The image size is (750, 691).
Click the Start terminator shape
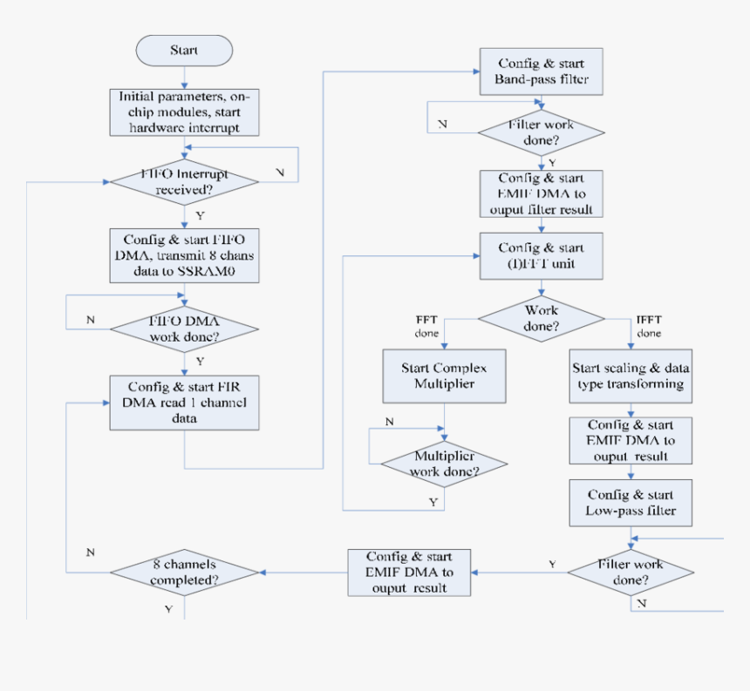click(184, 51)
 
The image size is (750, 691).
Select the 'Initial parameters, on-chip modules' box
click(185, 112)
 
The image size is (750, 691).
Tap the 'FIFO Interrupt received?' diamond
click(184, 181)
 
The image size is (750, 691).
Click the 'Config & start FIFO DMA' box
click(185, 255)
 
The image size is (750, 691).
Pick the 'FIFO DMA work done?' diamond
click(184, 329)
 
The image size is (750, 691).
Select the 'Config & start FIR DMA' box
click(184, 402)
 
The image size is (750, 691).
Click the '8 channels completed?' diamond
click(184, 572)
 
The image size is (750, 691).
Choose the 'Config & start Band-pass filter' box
click(542, 71)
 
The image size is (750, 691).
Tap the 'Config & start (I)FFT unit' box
click(542, 255)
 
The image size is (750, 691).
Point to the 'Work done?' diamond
click(542, 318)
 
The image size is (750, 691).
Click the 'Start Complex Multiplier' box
click(445, 376)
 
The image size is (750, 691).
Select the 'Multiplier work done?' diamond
click(445, 464)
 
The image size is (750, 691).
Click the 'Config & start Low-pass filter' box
click(630, 502)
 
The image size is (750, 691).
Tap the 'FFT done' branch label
click(426, 327)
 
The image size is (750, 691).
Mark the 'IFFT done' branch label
click(649, 327)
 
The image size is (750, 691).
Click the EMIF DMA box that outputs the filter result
click(542, 193)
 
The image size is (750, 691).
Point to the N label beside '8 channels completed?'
click(92, 552)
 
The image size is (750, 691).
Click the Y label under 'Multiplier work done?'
click(433, 502)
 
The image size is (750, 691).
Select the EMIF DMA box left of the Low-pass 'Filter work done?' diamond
click(408, 572)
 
